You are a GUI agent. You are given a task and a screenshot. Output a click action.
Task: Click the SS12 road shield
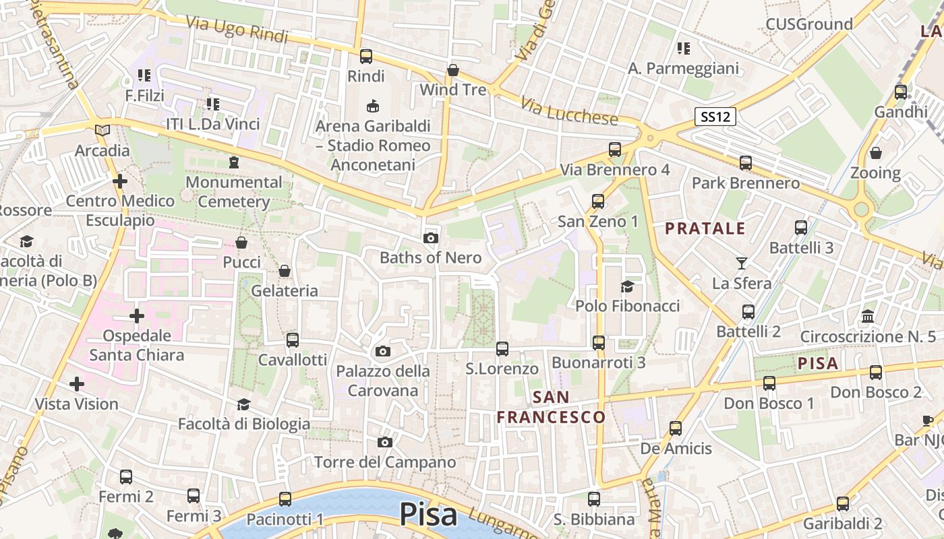(715, 117)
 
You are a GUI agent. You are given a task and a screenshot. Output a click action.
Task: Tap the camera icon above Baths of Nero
(431, 238)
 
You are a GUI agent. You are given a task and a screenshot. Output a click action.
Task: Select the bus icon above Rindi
(366, 57)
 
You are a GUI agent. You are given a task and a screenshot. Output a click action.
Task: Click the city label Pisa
(428, 515)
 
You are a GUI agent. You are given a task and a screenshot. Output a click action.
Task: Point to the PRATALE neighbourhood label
(705, 228)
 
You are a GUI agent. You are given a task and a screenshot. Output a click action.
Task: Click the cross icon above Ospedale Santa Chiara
(137, 315)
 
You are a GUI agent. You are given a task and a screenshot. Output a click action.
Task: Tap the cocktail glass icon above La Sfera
(742, 263)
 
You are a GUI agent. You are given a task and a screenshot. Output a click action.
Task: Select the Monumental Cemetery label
(234, 192)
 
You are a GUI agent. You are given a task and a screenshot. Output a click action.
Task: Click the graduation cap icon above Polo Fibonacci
(627, 286)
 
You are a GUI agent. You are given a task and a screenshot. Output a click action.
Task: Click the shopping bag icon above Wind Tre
(453, 70)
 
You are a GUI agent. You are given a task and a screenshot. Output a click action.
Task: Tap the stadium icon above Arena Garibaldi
(372, 106)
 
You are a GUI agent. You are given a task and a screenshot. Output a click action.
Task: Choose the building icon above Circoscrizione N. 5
(868, 316)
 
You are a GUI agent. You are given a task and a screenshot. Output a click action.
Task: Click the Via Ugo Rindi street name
(237, 29)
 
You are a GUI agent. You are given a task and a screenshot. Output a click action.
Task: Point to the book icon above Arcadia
(102, 130)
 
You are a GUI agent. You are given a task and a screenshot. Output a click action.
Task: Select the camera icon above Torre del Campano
(385, 442)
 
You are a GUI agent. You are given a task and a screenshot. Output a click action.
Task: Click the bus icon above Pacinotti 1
(285, 499)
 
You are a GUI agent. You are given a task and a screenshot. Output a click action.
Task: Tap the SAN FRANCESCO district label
(551, 408)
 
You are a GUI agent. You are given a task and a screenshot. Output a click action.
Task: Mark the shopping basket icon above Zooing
(875, 153)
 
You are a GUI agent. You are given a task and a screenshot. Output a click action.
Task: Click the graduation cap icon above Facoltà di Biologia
(243, 404)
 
